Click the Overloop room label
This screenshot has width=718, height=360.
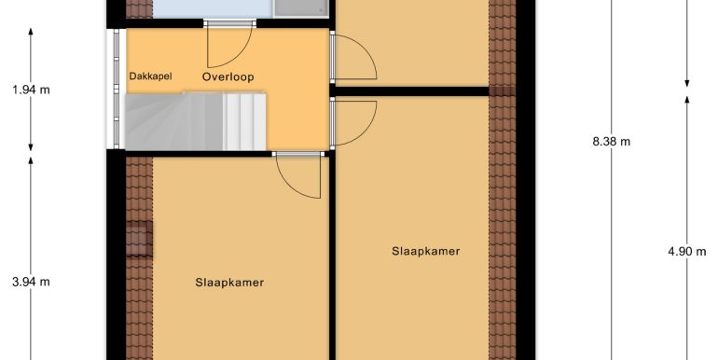[228, 76]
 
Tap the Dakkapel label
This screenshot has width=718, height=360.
[151, 76]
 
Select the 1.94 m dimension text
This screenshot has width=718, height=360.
[31, 90]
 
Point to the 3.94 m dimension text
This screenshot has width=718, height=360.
[31, 283]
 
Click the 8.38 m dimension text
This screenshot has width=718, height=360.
[612, 142]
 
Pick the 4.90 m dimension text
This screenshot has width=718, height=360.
[687, 251]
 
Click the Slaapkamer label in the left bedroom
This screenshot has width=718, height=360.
[229, 283]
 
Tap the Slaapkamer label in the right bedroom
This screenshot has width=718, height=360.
[426, 251]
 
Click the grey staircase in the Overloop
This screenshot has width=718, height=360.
[196, 121]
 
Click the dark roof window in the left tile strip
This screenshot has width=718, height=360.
[139, 239]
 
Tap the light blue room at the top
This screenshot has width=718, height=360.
[213, 8]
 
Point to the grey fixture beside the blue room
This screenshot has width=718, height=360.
[301, 8]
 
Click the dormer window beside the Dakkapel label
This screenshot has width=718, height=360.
[117, 89]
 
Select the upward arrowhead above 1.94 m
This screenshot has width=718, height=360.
[31, 32]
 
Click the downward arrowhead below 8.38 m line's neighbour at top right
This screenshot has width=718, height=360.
[687, 82]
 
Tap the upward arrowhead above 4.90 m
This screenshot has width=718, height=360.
[687, 101]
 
